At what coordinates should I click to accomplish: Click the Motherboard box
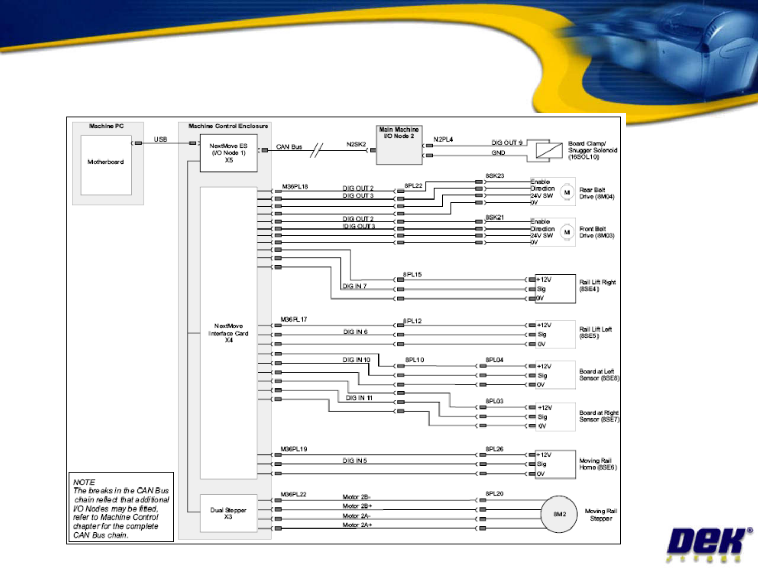tap(106, 165)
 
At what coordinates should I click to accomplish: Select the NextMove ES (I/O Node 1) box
tap(228, 153)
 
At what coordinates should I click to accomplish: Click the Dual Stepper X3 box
tap(228, 513)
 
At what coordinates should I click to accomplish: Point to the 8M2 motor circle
tap(560, 514)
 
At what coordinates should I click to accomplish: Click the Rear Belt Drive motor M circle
tap(567, 192)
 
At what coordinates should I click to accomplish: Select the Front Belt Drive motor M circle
tap(567, 232)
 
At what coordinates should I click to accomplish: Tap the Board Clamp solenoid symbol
tap(549, 151)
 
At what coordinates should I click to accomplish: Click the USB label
tap(161, 139)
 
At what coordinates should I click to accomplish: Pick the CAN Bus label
tap(289, 147)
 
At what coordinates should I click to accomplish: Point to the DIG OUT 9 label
tap(507, 143)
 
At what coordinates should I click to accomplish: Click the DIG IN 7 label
tap(355, 286)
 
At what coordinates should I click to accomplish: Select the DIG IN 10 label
tap(356, 360)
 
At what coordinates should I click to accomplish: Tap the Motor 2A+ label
tap(357, 525)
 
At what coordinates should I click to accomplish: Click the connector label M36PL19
tap(294, 449)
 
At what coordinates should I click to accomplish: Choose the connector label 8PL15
tap(412, 274)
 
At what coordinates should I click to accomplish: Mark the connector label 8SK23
tap(495, 176)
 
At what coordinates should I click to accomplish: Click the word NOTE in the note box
tap(84, 482)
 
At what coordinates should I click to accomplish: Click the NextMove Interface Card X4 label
tap(228, 333)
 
